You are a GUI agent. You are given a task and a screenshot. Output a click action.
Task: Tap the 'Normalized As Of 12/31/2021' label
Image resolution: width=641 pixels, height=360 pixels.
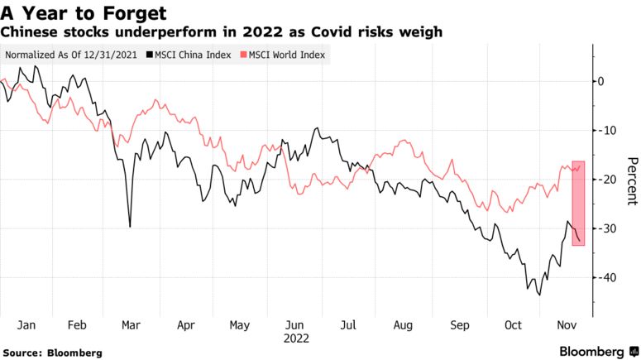point(72,55)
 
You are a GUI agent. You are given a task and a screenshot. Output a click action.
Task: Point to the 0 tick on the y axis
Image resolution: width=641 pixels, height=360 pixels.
point(601,81)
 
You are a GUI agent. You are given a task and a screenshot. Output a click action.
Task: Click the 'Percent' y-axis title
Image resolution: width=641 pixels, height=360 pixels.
point(631,180)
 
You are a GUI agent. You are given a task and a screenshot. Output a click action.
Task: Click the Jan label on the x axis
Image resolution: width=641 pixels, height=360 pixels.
point(26,326)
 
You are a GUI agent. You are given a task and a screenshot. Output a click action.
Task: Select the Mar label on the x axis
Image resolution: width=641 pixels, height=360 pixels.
point(131,326)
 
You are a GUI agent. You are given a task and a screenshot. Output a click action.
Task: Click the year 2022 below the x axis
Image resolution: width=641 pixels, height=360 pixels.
point(295,338)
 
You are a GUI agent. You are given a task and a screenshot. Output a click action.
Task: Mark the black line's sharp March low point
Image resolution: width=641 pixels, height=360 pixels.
point(130,226)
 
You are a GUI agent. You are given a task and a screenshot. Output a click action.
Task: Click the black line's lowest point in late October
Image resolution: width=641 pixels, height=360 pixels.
point(539,295)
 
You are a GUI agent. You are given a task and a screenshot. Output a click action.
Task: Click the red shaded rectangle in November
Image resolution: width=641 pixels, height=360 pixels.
point(578,203)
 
